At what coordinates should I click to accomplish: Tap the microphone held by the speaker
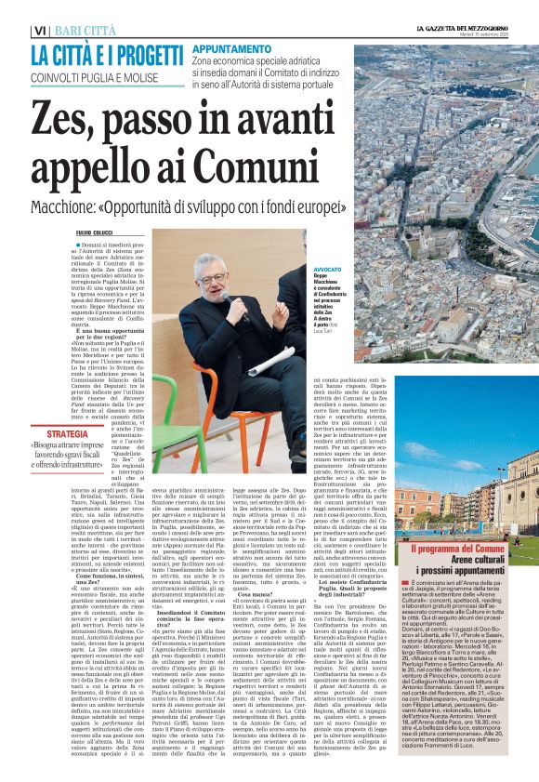click(x=226, y=298)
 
